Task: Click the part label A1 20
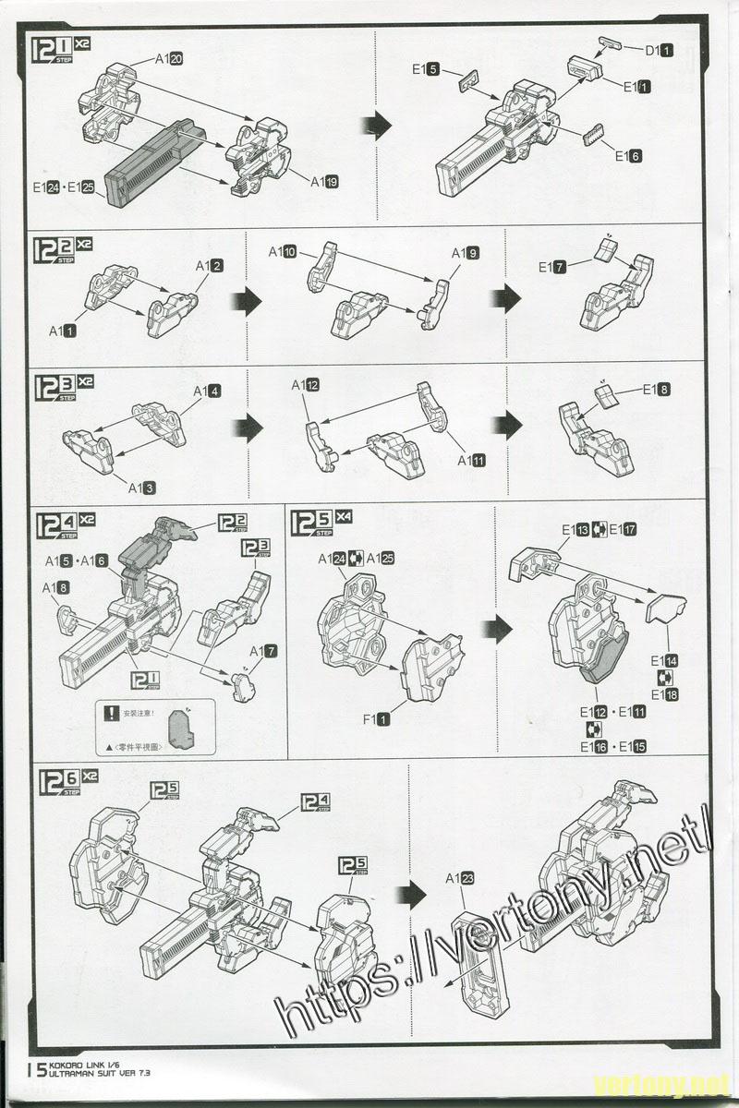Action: (x=168, y=59)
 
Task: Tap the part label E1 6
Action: (x=628, y=156)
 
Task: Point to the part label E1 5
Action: (x=426, y=68)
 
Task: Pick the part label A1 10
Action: (x=283, y=252)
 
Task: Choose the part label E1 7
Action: (x=552, y=268)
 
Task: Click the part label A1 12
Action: (x=306, y=385)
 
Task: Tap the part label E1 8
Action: (x=657, y=390)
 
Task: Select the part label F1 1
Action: (x=377, y=717)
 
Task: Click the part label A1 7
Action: (x=263, y=652)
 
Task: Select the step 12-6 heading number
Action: (x=57, y=781)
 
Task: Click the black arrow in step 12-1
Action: (x=377, y=126)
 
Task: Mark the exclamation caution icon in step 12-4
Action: (x=113, y=713)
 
